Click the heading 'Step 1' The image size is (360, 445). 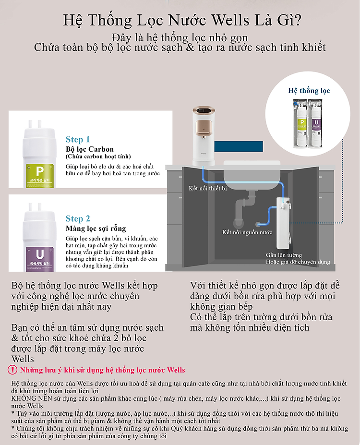pos(78,139)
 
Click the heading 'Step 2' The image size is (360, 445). pos(78,218)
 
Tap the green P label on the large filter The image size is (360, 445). pos(40,175)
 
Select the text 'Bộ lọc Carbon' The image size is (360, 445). pos(90,149)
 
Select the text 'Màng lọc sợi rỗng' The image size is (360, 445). pos(96,229)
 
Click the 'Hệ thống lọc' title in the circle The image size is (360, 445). pos(309,91)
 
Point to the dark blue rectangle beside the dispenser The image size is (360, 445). pos(239,146)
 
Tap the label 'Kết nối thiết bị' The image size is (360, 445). pos(208,188)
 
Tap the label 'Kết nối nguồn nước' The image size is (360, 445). pos(247,232)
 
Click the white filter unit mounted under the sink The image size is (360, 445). pos(283,223)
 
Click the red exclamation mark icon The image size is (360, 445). pos(12,370)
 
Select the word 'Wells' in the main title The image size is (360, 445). pos(230,20)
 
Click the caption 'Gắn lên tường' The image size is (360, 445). pos(284,255)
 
